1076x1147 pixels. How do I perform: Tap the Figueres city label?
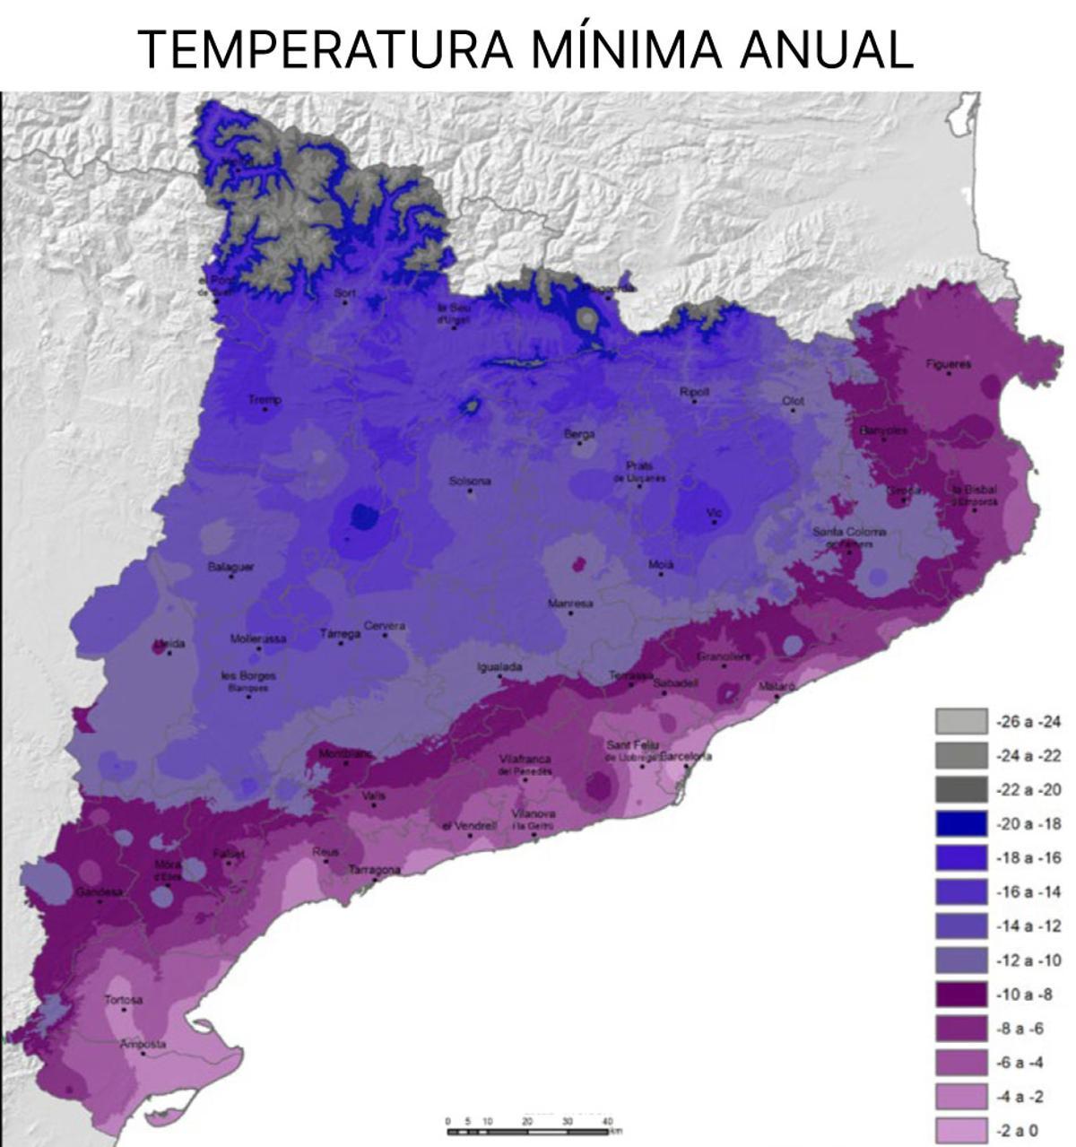[x=949, y=363]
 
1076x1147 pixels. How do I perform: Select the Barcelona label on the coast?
[x=686, y=756]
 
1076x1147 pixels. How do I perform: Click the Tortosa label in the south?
[x=123, y=999]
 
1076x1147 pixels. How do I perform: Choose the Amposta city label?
[x=143, y=1044]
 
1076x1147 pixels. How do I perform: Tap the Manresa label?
[x=570, y=604]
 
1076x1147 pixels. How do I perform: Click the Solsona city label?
[x=470, y=482]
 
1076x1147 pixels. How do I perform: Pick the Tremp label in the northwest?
[x=265, y=399]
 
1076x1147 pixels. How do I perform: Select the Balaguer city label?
[x=230, y=566]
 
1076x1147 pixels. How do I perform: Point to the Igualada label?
[x=499, y=667]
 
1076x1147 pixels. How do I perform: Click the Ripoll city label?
[x=694, y=392]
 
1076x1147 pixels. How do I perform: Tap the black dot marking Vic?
[x=715, y=522]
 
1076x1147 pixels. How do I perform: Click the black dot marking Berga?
[x=580, y=443]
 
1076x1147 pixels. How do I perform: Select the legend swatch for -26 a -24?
[x=961, y=721]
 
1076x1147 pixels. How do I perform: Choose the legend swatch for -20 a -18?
[x=961, y=823]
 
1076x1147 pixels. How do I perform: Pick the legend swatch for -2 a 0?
[x=961, y=1130]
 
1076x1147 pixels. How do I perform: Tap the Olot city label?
[x=793, y=401]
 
